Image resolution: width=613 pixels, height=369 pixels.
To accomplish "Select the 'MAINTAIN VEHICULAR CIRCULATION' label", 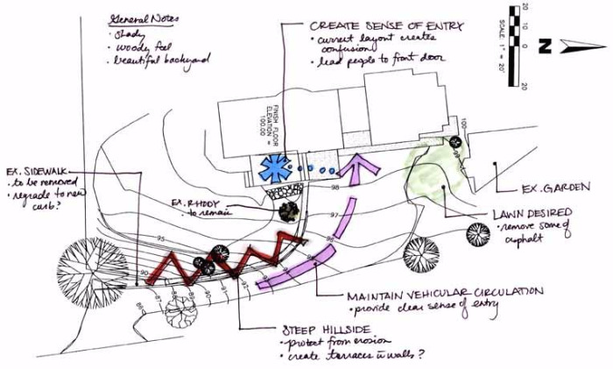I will (445, 292).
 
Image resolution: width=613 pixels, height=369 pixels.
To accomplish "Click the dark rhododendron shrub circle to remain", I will (286, 210).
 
